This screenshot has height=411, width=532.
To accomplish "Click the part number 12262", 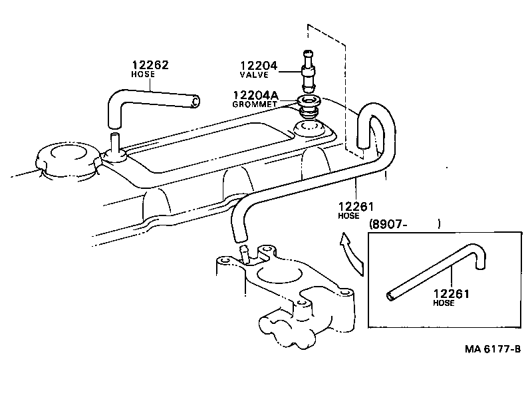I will [150, 65].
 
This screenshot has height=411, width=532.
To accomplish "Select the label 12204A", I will [255, 95].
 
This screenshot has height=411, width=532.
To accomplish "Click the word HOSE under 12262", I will [143, 74].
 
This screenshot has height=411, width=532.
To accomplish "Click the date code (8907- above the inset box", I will [387, 225].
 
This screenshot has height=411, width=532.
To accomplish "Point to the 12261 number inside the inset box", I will [451, 293].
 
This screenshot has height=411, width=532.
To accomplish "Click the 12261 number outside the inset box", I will [356, 206].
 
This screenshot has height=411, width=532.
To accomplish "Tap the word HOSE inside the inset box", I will [444, 303].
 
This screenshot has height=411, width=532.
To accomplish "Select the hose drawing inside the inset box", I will [432, 273].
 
